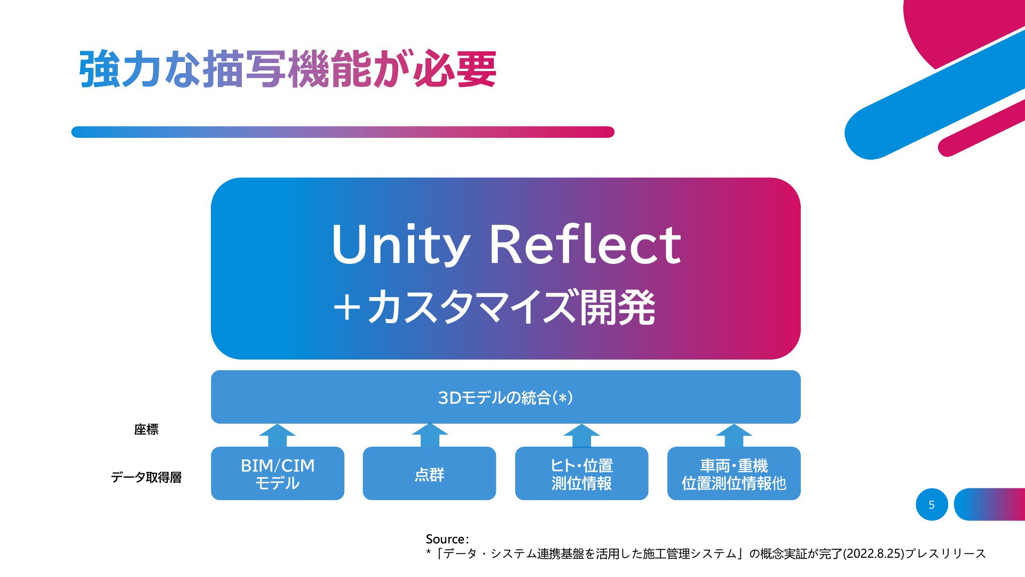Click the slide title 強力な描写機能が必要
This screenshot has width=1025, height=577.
pos(288,69)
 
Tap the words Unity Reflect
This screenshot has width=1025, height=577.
pos(506,245)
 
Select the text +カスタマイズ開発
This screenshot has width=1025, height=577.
pos(494,307)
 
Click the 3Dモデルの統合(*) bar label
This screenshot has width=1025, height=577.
pos(505,397)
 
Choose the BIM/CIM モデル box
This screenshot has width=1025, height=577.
pos(278,473)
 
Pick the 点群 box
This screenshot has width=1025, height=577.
pos(429,473)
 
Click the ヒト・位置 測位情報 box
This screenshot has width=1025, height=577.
pos(581,473)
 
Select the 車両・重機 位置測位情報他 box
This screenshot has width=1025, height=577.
pos(734,473)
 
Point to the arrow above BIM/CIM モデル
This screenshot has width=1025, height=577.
pos(278,435)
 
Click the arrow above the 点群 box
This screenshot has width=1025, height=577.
pos(430,435)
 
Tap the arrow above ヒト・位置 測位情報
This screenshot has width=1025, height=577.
pos(582,435)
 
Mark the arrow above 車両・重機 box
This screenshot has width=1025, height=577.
pos(734,435)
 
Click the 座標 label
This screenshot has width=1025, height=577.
pos(146,430)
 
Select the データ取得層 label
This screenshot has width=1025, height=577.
pos(146,477)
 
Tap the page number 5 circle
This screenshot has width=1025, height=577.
pos(932,504)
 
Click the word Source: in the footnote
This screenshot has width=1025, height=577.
pos(447,539)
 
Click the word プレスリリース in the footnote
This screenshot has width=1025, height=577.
pos(945,554)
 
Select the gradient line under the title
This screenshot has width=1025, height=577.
pos(343,132)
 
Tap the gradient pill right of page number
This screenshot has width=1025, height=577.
pos(989,504)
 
